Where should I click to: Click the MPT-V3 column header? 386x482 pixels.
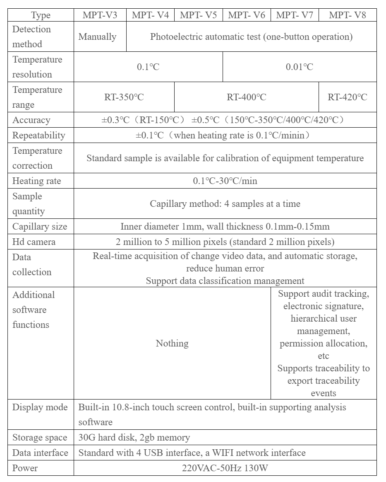100,15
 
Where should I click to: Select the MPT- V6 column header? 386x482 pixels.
247,15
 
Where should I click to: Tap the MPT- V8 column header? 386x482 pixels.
348,15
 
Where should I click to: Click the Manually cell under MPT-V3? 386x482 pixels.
97,36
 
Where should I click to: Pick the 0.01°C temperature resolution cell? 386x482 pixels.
300,67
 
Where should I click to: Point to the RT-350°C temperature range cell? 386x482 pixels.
124,97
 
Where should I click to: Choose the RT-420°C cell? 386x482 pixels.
348,97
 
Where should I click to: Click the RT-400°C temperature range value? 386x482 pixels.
247,97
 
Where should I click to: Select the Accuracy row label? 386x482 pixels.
31,120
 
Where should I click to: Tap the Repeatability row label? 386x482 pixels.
39,135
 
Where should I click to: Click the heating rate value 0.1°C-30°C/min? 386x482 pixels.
225,181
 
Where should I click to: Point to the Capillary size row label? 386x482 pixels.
40,226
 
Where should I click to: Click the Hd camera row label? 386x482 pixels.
34,242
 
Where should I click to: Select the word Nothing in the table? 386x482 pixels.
172,343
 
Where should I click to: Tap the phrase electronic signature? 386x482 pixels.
324,306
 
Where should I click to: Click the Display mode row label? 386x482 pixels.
40,407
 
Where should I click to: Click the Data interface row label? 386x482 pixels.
40,453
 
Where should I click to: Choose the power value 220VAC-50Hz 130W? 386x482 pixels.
225,468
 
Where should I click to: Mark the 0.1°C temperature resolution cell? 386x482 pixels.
148,67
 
